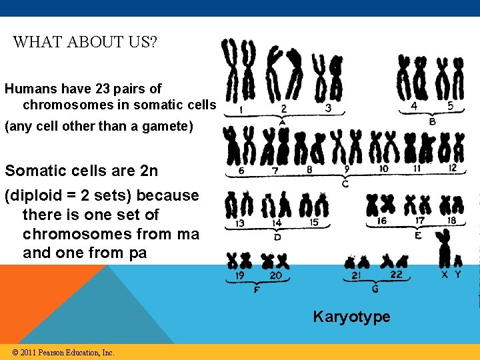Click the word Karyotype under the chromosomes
point(351,317)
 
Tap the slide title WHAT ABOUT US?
point(85,42)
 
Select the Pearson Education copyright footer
point(63,352)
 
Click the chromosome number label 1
point(240,108)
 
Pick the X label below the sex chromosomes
point(445,274)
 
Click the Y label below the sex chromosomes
point(457,274)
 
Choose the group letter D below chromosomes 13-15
point(277,237)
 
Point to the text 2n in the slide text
point(149,171)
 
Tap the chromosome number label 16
point(382,221)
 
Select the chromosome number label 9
point(347,169)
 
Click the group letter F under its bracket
point(257,290)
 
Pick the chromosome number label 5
point(450,105)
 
